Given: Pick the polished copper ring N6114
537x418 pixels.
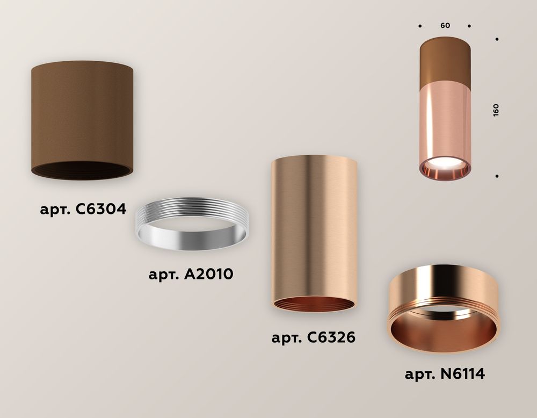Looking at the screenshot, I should pos(442,312).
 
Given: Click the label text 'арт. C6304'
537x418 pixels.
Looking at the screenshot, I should pos(83,209).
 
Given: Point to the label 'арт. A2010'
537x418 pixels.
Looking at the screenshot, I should pos(191,274).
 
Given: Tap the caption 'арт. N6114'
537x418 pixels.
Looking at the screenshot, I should pos(445,373).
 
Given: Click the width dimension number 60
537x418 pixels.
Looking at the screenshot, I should pos(445,26).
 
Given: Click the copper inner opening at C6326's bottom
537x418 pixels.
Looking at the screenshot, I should pos(314,304).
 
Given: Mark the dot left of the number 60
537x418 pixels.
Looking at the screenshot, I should pos(420,26).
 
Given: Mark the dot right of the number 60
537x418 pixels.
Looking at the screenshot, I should pos(469,26).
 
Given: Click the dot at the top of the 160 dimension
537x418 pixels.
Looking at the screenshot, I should pos(498,39).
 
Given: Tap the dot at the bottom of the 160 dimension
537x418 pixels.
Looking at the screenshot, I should pos(498,176).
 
